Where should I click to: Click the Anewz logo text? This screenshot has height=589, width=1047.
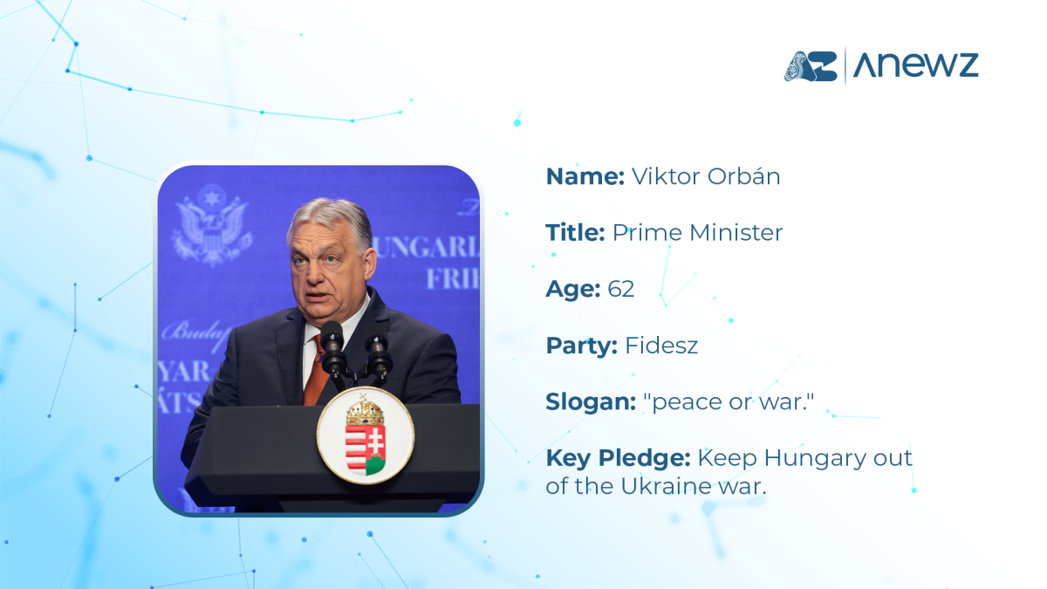[x=915, y=65]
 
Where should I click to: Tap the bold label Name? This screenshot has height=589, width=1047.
[x=585, y=176]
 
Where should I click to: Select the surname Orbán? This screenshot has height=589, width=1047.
[x=743, y=175]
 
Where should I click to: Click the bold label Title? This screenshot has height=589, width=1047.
[x=575, y=233]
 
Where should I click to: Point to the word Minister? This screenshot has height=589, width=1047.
[x=736, y=233]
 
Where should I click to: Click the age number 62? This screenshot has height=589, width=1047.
[x=620, y=289]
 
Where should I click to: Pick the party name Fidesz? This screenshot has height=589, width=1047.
[x=661, y=346]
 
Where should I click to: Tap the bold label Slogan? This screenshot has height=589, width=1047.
[x=591, y=401]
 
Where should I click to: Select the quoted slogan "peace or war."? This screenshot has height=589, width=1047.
[x=729, y=401]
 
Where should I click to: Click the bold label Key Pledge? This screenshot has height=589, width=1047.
[x=619, y=458]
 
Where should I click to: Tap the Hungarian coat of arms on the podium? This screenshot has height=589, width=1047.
[x=366, y=435]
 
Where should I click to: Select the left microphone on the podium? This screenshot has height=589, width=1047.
[x=332, y=348]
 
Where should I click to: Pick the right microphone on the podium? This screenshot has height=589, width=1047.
[x=378, y=350]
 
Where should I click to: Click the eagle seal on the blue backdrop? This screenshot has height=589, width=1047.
[x=212, y=226]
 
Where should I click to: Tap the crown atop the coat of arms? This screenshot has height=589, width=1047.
[x=365, y=410]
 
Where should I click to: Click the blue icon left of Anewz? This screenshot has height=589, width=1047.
[x=811, y=66]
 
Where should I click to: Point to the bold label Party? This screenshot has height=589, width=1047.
[x=582, y=346]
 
